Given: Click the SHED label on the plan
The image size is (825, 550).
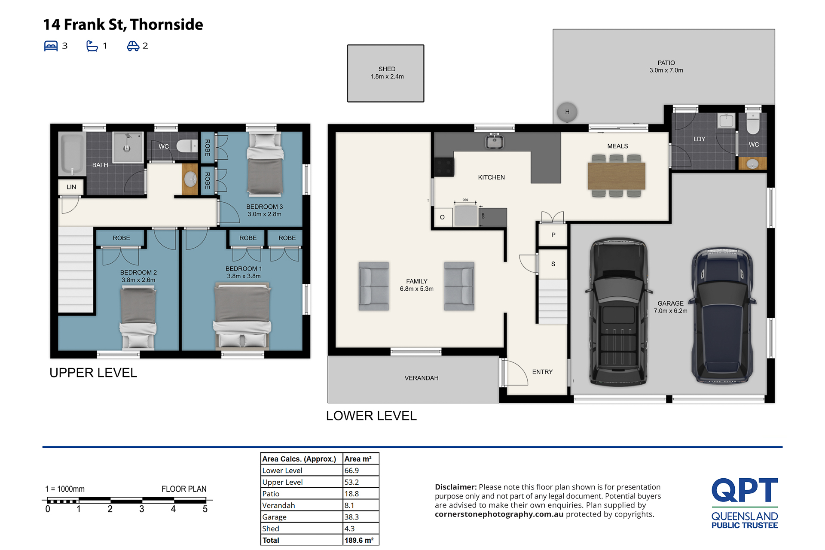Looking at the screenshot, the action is click(387, 69).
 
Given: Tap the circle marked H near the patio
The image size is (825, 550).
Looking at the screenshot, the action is click(567, 112).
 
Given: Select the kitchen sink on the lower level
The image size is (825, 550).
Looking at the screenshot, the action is click(495, 141).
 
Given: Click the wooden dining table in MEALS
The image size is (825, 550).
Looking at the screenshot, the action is click(616, 176).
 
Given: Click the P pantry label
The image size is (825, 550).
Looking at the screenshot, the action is click(553, 235).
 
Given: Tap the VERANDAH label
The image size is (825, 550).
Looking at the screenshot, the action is click(421, 378).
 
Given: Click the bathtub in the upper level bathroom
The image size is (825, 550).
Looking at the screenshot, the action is click(72, 154).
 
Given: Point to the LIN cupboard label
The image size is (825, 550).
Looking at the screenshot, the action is click(71, 187).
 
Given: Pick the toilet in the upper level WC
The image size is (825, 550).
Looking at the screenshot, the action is click(187, 146).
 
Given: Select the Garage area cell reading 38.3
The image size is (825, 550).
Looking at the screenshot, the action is click(351, 517).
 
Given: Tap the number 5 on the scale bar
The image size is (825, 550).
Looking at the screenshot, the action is click(205, 509).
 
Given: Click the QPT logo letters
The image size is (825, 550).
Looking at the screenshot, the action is click(745, 490).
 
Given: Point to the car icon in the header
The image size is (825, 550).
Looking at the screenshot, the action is click(133, 46).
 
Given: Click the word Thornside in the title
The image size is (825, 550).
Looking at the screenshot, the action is click(166, 24).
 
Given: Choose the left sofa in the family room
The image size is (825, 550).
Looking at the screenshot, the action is click(374, 286).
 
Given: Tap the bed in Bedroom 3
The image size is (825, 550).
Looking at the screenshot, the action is click(265, 164).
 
